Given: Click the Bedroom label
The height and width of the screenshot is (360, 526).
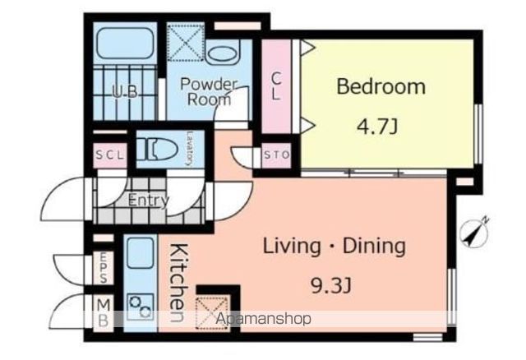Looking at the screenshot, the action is [381, 86].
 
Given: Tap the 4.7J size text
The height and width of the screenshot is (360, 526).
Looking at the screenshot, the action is [377, 127].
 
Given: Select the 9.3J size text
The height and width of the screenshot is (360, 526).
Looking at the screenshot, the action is [331, 286].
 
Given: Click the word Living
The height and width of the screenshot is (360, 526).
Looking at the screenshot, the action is [292, 247].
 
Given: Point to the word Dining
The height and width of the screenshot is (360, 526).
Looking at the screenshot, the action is [374, 247].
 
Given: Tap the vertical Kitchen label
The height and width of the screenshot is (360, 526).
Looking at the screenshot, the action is [178, 283].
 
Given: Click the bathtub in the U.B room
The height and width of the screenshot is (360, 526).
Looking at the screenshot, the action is [125, 44].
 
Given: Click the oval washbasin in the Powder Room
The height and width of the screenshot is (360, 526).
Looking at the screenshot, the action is [221, 53].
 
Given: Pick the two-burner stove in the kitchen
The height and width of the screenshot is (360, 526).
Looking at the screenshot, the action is [141, 307].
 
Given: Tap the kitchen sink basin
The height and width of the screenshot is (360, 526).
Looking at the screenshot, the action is [141, 253].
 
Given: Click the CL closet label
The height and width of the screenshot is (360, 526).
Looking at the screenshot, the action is [276, 86].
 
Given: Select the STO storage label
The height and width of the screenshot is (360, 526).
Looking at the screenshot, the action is [276, 155].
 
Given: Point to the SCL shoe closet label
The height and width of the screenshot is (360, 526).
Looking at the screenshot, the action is [109, 155].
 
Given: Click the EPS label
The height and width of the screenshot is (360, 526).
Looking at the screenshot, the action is [104, 267].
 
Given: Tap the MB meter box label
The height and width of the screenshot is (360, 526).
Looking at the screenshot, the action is [104, 313].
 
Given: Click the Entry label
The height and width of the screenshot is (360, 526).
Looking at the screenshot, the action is [148, 201].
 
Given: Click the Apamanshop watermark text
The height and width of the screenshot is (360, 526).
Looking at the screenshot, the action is [263, 318].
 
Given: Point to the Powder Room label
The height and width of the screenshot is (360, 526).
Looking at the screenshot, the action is [209, 91].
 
